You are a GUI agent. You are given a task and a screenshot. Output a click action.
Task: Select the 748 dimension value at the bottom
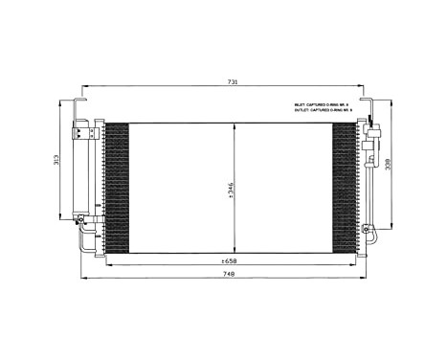pyautogui.click(x=228, y=273)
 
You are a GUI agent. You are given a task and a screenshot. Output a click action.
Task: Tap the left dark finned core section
pyautogui.click(x=116, y=188)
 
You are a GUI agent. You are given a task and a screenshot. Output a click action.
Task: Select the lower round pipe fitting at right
pyautogui.click(x=367, y=230)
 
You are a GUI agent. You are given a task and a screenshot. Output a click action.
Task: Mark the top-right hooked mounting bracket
pyautogui.click(x=364, y=102)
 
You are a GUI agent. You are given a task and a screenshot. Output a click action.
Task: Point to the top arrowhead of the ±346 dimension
pyautogui.click(x=235, y=125)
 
